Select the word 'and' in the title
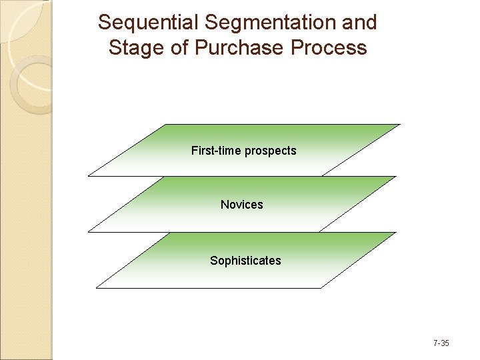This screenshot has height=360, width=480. [x=361, y=23]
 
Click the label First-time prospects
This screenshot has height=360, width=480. [x=243, y=151]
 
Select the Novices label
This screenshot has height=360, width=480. [x=241, y=205]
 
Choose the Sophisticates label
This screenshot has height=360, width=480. [x=245, y=261]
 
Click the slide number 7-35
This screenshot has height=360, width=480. [x=441, y=343]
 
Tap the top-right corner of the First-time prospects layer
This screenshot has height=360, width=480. [x=399, y=125]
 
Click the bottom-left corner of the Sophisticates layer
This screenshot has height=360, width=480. [x=97, y=288]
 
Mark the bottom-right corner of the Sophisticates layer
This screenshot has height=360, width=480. [x=321, y=288]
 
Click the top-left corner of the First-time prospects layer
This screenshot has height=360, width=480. [x=165, y=125]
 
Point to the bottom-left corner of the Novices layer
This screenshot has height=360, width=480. [x=88, y=232]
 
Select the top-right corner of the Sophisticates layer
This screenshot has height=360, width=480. [x=395, y=233]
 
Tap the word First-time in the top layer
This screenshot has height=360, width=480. [x=216, y=151]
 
